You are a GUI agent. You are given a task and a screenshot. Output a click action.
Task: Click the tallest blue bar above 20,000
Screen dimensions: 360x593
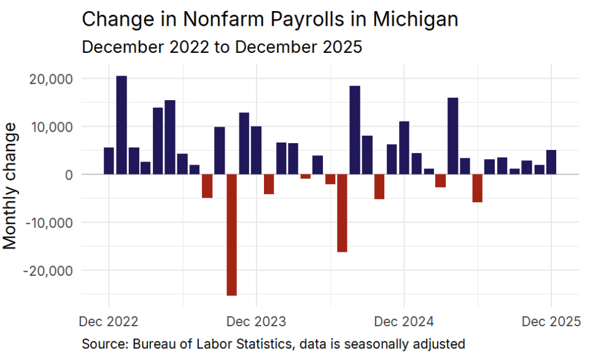[122, 125]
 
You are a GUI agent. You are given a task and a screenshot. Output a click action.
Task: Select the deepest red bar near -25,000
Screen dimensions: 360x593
[231, 235]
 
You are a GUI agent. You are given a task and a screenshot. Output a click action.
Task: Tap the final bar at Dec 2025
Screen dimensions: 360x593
[551, 162]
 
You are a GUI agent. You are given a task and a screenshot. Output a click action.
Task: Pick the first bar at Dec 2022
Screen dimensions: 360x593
[109, 161]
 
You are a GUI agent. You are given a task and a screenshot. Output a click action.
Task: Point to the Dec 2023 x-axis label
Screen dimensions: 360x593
[256, 321]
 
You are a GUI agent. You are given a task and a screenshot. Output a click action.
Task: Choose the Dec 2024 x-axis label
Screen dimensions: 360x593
[404, 321]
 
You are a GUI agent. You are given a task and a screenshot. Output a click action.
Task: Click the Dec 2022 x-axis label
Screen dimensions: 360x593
[109, 321]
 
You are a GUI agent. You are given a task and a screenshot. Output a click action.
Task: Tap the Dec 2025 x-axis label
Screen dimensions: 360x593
[551, 321]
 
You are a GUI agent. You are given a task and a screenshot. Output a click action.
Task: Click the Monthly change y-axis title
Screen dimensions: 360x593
[10, 186]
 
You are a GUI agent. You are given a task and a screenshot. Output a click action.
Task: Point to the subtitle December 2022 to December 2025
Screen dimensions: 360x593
[222, 47]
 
